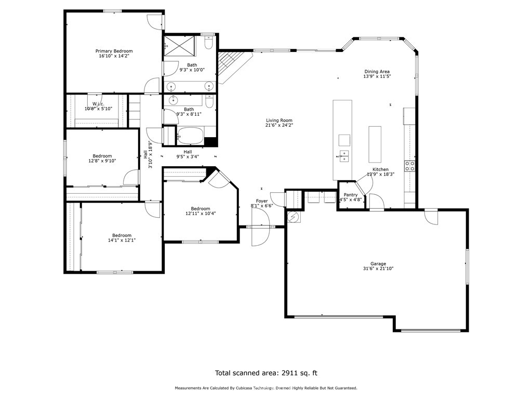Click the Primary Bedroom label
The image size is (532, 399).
114,51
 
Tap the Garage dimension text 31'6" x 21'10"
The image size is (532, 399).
378,269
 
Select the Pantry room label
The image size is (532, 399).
351,195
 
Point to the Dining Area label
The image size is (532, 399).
377,72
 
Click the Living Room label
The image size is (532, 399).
279,121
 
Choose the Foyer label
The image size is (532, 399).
261,201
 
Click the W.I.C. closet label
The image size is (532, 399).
99,104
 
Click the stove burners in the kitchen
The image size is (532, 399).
410,166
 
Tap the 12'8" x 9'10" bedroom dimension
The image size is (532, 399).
102,161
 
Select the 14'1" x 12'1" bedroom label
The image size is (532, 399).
119,235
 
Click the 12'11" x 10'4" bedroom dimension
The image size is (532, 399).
201,214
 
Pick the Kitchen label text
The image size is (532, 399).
380,169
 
